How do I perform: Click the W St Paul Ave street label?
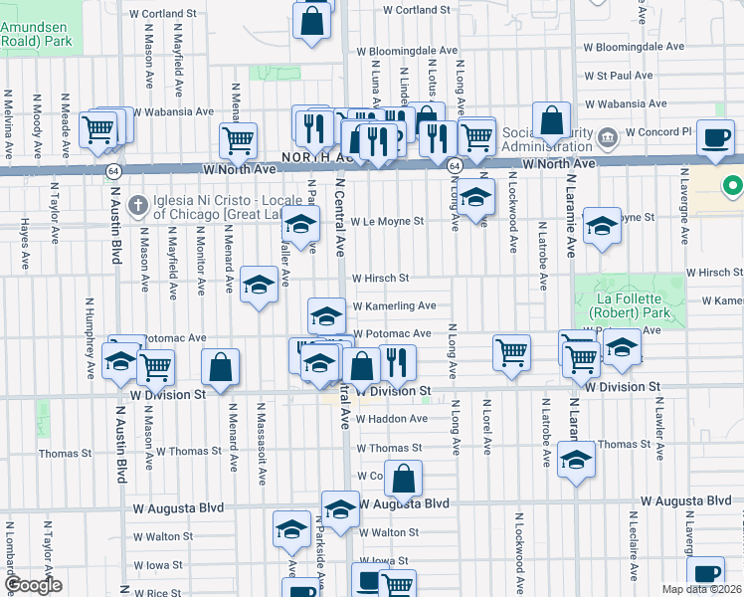tap(618, 75)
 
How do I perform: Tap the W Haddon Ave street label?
tap(391, 419)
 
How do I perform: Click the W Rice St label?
tap(155, 592)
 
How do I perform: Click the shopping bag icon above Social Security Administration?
tap(551, 121)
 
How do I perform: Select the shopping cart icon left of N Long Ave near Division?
tap(511, 351)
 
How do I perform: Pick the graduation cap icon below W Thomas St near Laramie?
tap(576, 460)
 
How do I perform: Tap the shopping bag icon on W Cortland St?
tap(311, 20)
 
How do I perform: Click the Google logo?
tap(34, 585)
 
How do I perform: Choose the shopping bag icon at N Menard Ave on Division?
tap(221, 367)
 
